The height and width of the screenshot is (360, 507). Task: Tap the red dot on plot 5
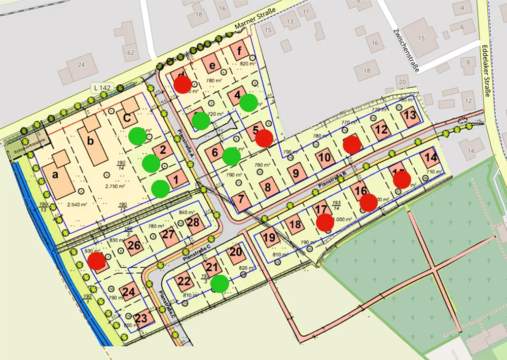(x=264, y=138)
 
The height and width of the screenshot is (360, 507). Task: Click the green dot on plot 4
(x=248, y=102)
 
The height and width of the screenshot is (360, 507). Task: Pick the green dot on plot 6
(x=231, y=157)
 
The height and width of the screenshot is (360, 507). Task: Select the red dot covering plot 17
(x=325, y=222)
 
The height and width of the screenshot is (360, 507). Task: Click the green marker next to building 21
(x=220, y=283)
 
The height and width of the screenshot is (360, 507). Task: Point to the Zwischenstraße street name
(x=406, y=51)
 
